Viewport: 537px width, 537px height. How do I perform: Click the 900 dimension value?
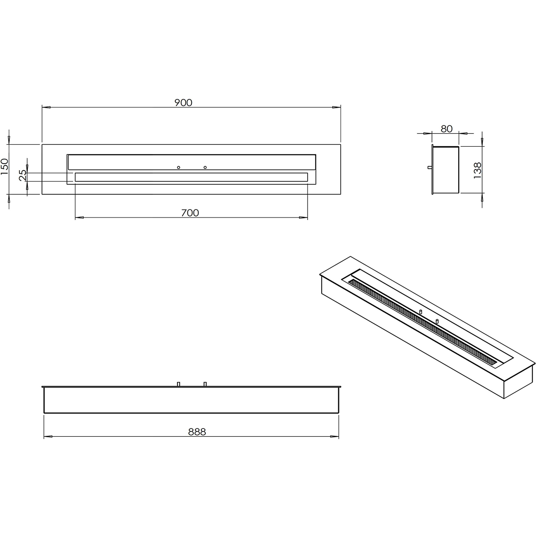[x=183, y=103]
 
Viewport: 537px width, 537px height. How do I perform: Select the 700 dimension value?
[x=190, y=213]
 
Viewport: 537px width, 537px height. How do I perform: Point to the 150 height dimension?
[x=5, y=167]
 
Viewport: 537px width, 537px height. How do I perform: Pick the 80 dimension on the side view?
[x=447, y=129]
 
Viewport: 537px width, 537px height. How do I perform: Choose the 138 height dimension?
[x=477, y=170]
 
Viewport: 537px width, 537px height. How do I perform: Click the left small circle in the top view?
[x=178, y=167]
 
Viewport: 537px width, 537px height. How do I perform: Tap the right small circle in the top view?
[x=205, y=167]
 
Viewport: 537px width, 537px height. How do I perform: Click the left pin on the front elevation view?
[x=178, y=384]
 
